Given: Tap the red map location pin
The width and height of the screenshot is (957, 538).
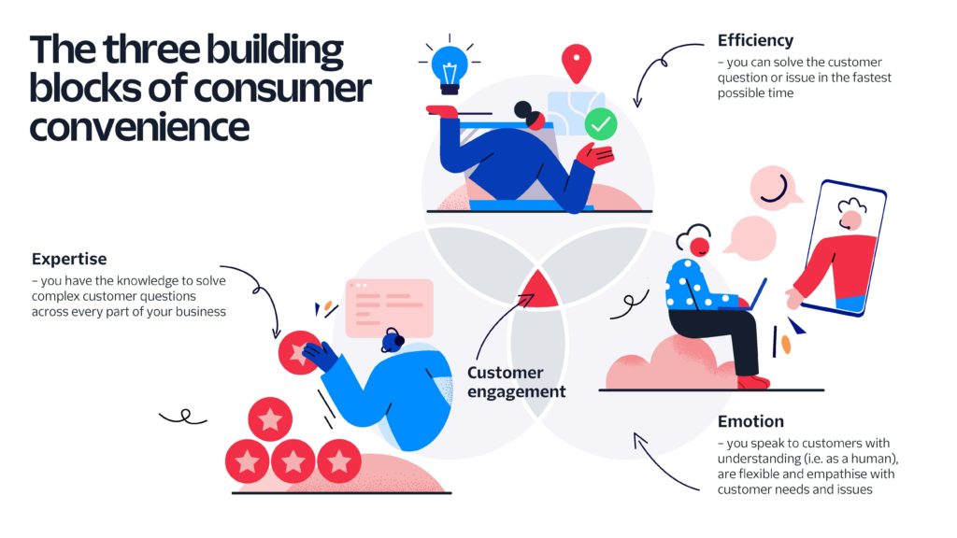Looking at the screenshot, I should [576, 63].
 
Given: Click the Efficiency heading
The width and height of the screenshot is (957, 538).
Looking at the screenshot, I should [755, 41].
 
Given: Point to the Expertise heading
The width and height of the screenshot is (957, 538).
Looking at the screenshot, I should [69, 259].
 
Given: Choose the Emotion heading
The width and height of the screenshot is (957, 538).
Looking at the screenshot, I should [750, 421].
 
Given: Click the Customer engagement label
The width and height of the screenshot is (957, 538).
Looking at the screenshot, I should [516, 382].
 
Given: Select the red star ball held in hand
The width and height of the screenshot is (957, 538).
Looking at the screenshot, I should [297, 352].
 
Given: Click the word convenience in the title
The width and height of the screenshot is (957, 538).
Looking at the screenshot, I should [139, 124].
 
